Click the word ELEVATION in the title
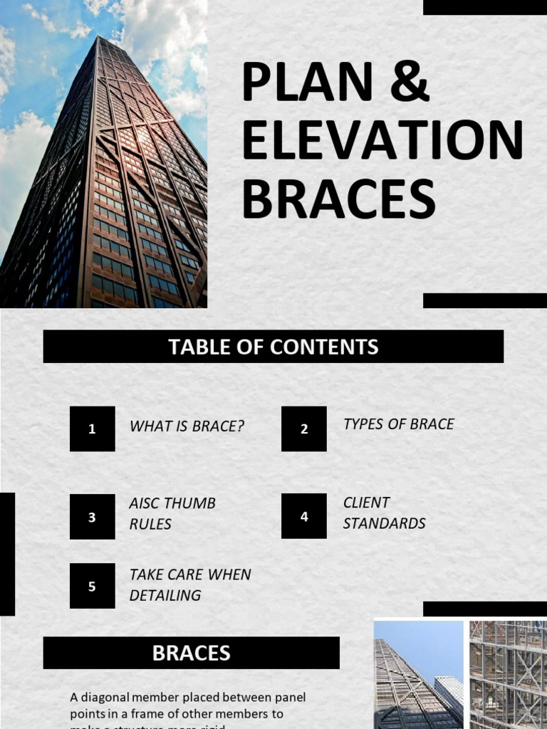point(382,141)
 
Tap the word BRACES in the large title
point(338,199)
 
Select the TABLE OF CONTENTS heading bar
point(273,347)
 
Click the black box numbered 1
point(92,429)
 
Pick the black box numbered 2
point(304,429)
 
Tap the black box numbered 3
point(92,517)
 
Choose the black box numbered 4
point(304,516)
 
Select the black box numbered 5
point(92,586)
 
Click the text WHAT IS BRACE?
point(187,426)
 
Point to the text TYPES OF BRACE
point(398,424)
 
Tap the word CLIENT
point(366,503)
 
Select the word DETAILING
point(165,595)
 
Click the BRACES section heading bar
point(191,653)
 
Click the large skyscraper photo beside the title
point(103,154)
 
